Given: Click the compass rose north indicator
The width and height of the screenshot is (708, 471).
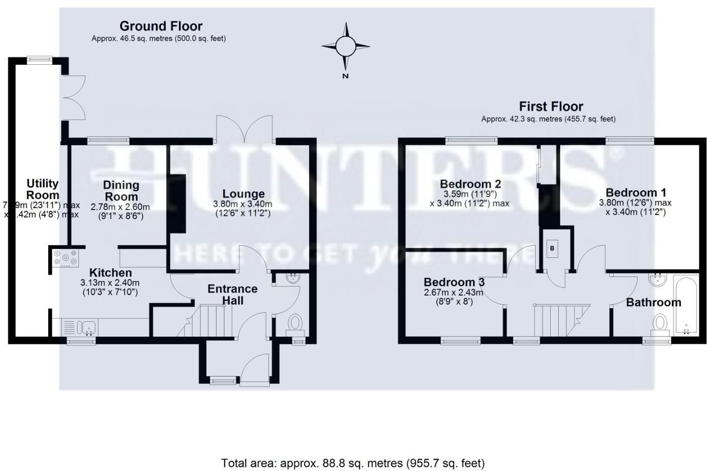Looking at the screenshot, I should click(x=345, y=47).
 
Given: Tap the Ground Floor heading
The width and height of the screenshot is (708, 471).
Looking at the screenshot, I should click(x=161, y=26).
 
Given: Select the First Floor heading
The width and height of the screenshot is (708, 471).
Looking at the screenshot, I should click(x=551, y=107).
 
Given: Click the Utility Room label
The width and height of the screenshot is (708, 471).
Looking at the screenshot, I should click(x=43, y=190).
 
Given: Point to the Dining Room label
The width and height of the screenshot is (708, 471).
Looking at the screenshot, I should click(x=121, y=191).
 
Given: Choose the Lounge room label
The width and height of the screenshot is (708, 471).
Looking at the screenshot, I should click(x=243, y=194).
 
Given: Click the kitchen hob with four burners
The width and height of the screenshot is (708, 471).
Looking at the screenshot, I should click(x=66, y=258).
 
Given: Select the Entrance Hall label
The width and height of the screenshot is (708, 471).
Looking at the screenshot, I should click(x=233, y=295).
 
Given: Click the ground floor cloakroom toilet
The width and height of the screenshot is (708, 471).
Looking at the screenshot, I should click(x=295, y=323).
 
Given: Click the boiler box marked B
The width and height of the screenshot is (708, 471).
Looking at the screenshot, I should click(x=552, y=248).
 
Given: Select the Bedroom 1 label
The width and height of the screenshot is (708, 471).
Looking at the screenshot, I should click(x=636, y=193).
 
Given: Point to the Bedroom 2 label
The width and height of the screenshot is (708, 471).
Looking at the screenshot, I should click(x=470, y=184).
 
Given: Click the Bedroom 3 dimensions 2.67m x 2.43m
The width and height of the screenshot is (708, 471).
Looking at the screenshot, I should click(x=453, y=293).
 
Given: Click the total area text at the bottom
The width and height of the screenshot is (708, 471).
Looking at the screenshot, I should click(x=353, y=463).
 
